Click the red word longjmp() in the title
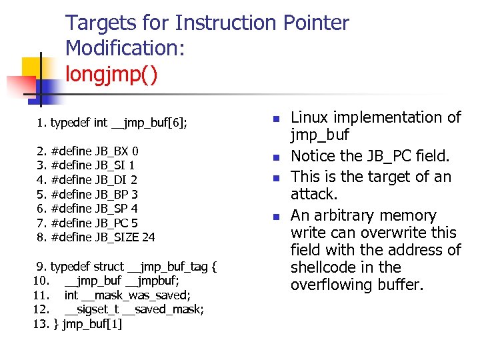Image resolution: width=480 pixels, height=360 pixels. (x=111, y=73)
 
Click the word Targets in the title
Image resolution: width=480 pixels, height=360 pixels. (x=99, y=23)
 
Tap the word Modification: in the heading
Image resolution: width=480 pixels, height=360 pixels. (x=125, y=48)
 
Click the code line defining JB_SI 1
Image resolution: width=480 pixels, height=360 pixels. (x=87, y=165)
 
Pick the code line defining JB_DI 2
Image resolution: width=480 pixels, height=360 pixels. (x=87, y=179)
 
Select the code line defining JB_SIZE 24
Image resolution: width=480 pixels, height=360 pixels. (x=96, y=237)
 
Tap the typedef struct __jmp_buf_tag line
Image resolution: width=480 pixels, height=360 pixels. (x=127, y=267)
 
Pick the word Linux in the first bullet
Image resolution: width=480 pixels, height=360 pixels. (x=309, y=118)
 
